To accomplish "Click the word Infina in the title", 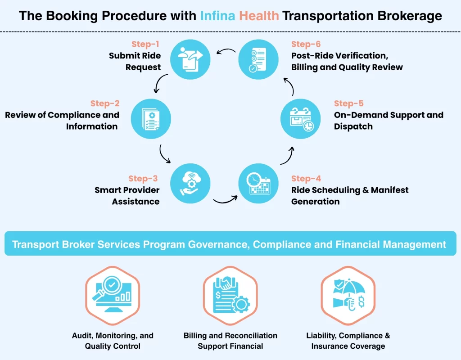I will pyautogui.click(x=218, y=17).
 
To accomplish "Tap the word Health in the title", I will pyautogui.click(x=259, y=17).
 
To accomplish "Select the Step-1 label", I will pyautogui.click(x=146, y=44).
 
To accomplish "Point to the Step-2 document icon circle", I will pyautogui.click(x=151, y=119).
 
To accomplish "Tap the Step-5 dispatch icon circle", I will pyautogui.click(x=301, y=119).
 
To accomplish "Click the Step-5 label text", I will pyautogui.click(x=349, y=103).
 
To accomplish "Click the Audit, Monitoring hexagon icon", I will pyautogui.click(x=113, y=295).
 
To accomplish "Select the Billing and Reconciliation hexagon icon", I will pyautogui.click(x=230, y=295).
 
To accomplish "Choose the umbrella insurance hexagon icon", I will pyautogui.click(x=348, y=295).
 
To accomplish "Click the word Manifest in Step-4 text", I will pyautogui.click(x=387, y=190).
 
